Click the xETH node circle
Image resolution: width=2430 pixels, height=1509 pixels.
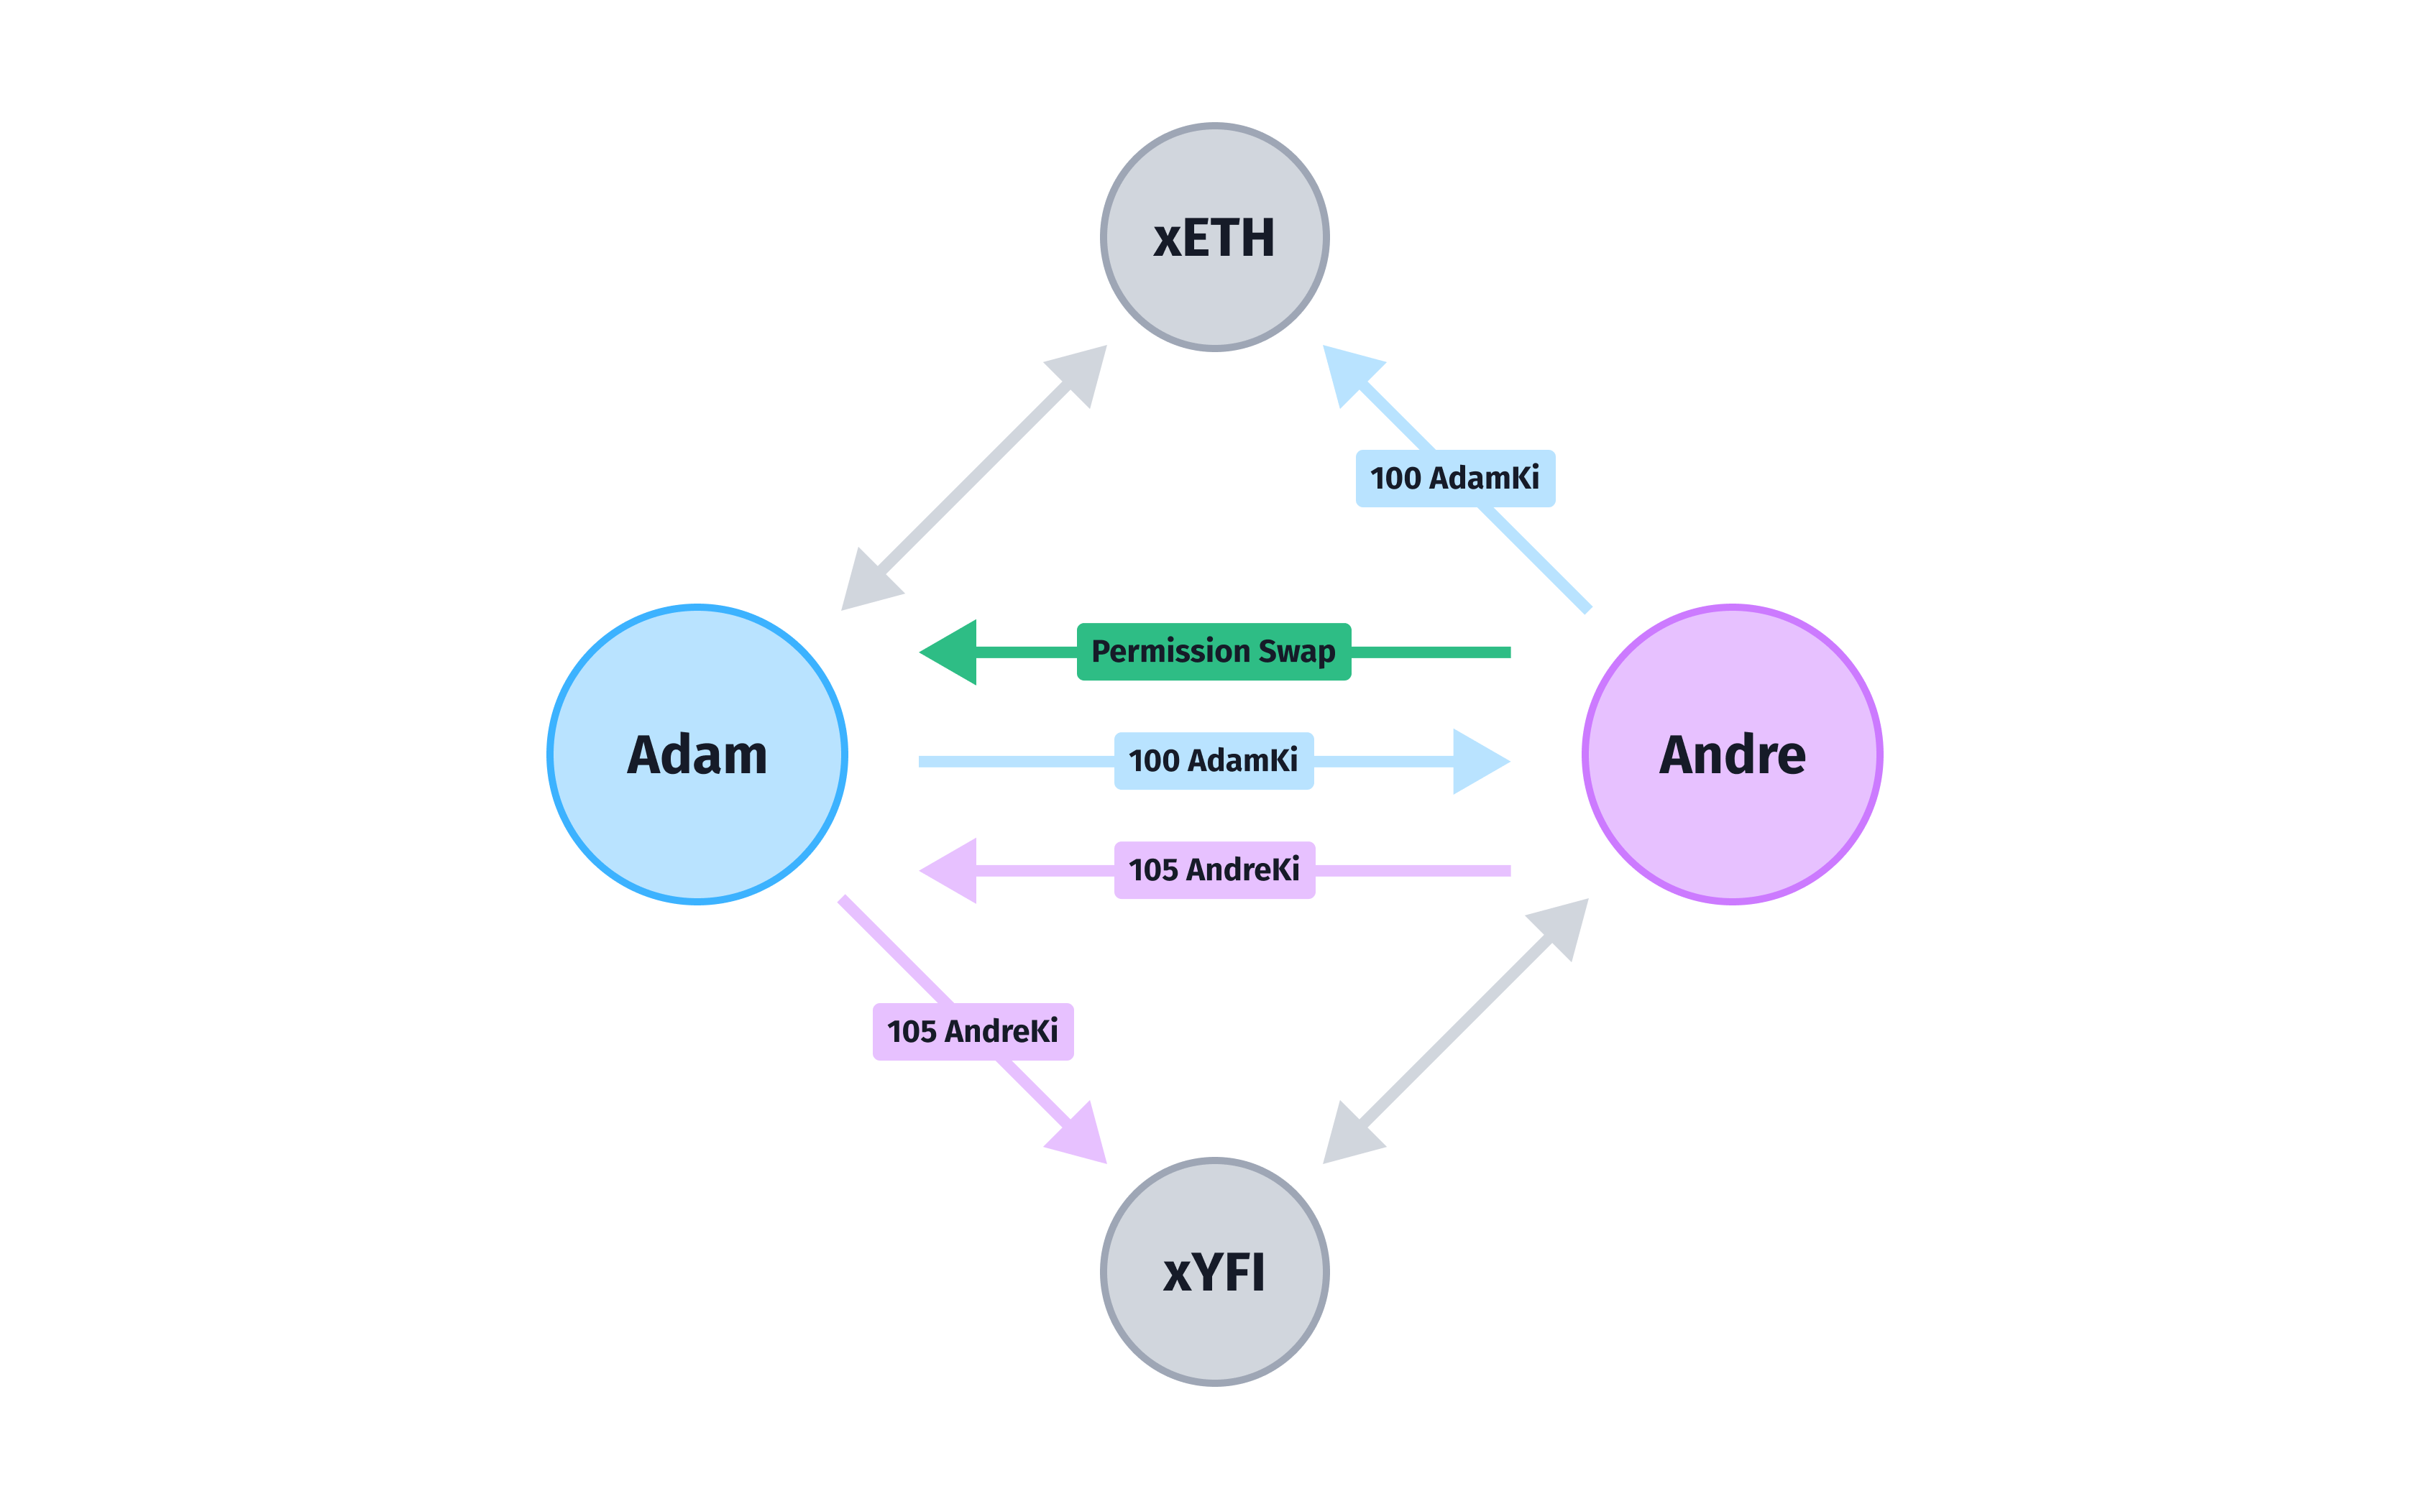(x=1214, y=238)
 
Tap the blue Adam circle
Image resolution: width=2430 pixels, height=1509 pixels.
(x=697, y=754)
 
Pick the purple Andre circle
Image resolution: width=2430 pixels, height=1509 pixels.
(x=1732, y=754)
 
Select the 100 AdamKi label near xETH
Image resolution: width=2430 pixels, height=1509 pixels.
(x=1454, y=478)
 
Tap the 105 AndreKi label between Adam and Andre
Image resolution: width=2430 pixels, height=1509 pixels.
(x=1214, y=869)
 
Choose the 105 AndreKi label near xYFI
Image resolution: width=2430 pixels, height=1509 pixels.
(x=973, y=1031)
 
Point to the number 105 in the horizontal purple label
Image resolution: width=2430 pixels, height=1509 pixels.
(x=1153, y=870)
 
